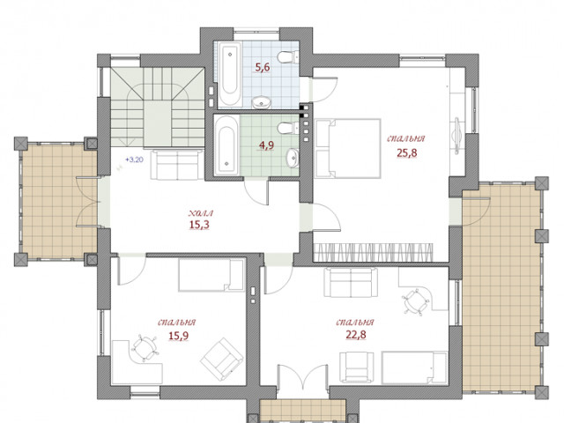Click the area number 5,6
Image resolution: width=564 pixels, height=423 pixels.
point(263,67)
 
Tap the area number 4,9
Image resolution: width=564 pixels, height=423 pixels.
point(266,145)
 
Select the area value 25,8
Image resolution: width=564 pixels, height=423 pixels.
point(407,152)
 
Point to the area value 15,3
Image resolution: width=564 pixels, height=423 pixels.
point(199,225)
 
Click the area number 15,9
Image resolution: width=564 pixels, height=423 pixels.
point(179,336)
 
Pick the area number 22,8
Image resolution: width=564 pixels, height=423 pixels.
point(356,335)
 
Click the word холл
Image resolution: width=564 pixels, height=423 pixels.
point(201,213)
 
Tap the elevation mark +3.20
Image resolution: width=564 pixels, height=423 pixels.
point(134,160)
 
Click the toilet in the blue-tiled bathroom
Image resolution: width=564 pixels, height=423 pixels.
point(288,56)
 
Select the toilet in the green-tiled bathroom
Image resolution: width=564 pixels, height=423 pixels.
point(288,127)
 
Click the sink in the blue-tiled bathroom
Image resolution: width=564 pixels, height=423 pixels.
point(262,102)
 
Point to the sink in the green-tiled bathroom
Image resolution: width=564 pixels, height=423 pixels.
point(293,159)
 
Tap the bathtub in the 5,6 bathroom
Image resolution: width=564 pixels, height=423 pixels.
point(229,74)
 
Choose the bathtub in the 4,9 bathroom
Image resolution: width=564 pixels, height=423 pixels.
point(226,145)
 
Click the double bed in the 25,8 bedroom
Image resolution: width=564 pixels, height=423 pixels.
point(348,149)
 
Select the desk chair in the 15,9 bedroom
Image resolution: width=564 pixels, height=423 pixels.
point(145,348)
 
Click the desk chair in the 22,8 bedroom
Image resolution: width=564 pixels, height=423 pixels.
point(416,301)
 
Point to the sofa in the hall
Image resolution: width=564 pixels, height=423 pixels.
point(177,165)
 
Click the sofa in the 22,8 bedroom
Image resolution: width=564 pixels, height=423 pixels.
point(351,282)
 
